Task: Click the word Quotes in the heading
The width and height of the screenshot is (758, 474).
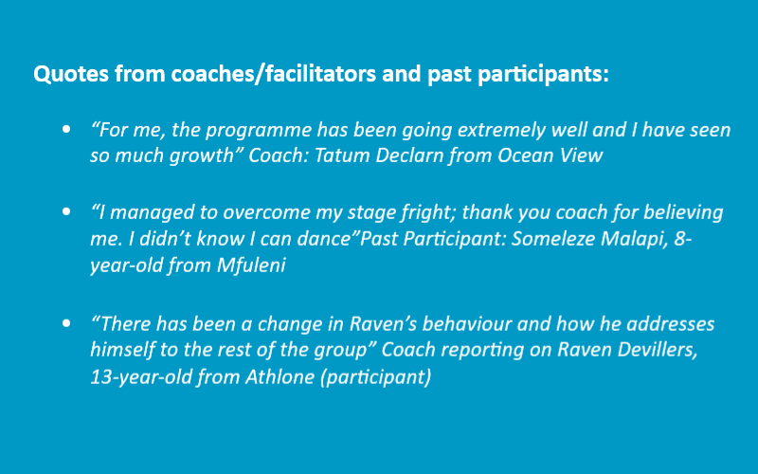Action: click(x=71, y=74)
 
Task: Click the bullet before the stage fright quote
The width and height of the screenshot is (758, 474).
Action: click(x=66, y=211)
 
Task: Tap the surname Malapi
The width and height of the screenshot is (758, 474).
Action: click(x=634, y=240)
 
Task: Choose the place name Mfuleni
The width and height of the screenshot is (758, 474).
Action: click(x=251, y=265)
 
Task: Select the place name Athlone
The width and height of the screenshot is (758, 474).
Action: click(x=280, y=377)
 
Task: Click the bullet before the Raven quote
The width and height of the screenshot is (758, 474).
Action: click(x=66, y=322)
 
